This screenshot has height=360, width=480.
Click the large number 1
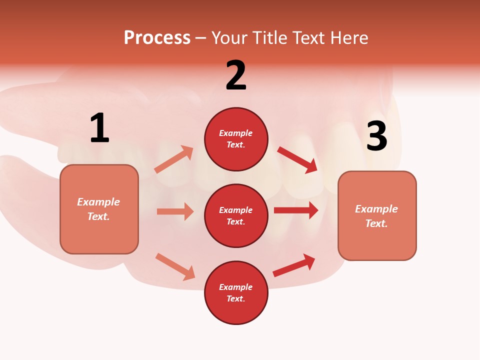point(99,128)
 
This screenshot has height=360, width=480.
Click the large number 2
point(236,75)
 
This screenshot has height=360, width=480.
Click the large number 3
point(376,136)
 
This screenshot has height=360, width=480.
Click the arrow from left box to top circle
point(174,159)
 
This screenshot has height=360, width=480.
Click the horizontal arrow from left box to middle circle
point(175,211)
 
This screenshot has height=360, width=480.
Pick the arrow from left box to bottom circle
point(175,266)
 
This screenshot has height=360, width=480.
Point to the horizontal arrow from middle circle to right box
point(296,210)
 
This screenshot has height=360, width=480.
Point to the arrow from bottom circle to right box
point(294,265)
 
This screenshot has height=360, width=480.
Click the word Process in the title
point(157,37)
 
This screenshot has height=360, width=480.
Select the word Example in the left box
point(98,202)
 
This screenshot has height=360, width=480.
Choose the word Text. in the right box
point(376,223)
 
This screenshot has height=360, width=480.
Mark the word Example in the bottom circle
point(236,287)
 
